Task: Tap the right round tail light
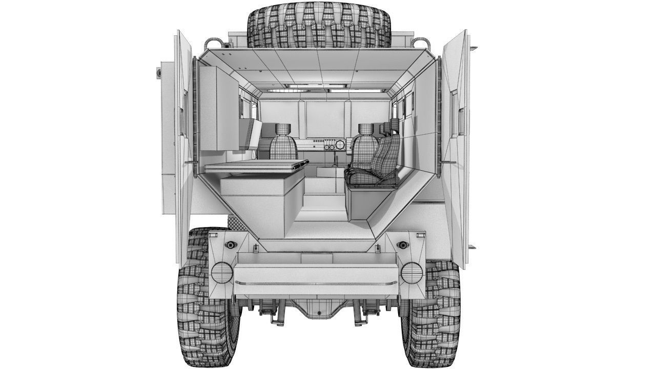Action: (412, 273)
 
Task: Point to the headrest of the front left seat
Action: (283, 129)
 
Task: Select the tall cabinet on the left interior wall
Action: (219, 109)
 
